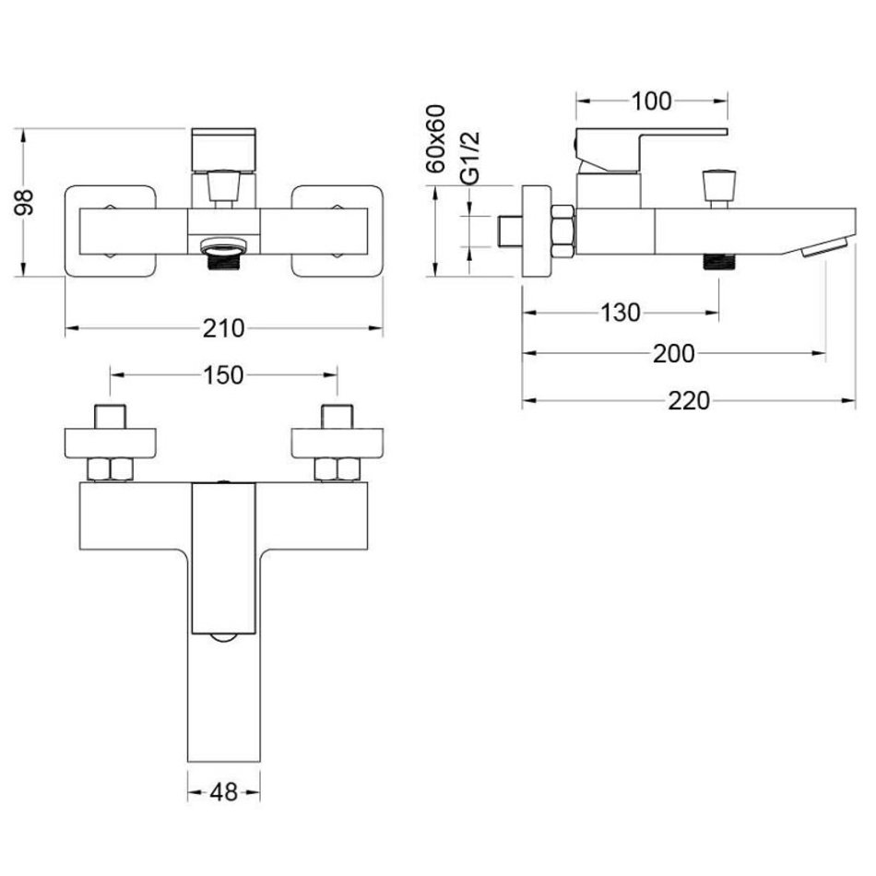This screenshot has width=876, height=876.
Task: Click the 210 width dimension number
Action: (223, 328)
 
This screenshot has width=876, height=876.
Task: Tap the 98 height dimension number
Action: (25, 202)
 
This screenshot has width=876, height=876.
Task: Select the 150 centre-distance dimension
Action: (223, 375)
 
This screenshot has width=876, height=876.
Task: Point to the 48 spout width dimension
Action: (223, 792)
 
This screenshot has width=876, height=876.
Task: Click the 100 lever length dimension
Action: (651, 101)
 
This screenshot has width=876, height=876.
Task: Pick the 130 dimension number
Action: (621, 313)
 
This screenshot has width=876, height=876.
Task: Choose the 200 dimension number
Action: (674, 353)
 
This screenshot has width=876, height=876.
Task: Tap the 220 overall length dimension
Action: (689, 400)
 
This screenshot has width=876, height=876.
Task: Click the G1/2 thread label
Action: (470, 158)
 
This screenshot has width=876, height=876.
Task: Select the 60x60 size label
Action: (436, 139)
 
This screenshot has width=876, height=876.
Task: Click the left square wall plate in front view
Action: (111, 231)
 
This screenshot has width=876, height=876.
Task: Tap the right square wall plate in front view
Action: (337, 231)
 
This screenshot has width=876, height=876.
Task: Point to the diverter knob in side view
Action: (718, 188)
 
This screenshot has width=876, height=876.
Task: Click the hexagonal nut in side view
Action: (562, 231)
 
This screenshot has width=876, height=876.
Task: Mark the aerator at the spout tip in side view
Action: (826, 247)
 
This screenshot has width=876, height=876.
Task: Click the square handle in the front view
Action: (223, 149)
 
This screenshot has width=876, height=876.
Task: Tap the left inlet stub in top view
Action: (110, 416)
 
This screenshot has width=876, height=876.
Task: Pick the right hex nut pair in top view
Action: (337, 469)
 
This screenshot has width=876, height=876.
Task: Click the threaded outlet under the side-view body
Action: (718, 262)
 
